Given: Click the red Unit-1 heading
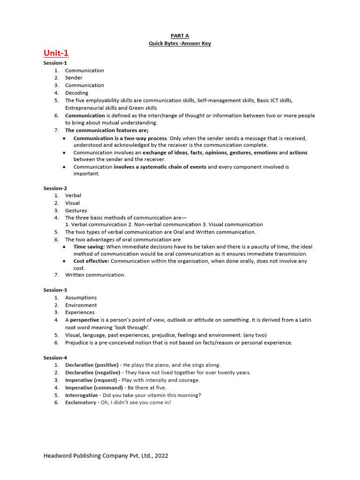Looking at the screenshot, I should (x=56, y=53).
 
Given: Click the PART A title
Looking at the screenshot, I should (x=180, y=36).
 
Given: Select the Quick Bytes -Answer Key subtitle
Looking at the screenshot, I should (x=180, y=44).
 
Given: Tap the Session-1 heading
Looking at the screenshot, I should (x=55, y=63).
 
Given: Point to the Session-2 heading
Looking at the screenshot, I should (x=55, y=188).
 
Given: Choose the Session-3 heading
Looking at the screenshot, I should (x=55, y=290).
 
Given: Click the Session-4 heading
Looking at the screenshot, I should (x=55, y=358).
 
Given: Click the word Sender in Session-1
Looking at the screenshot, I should (x=74, y=78).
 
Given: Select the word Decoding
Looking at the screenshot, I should (x=76, y=93).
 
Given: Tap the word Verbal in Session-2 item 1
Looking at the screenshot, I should (x=73, y=195).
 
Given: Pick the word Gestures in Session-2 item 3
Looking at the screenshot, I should (x=76, y=210).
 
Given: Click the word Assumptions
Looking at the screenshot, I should (x=81, y=298).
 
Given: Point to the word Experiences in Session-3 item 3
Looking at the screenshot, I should (x=80, y=312).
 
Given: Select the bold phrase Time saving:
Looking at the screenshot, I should (x=89, y=247).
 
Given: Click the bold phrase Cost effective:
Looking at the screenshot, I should (x=91, y=261).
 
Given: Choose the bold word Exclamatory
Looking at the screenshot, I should (x=81, y=402).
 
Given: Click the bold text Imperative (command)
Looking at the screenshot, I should (x=94, y=388).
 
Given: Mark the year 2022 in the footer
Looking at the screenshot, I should (x=160, y=455).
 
